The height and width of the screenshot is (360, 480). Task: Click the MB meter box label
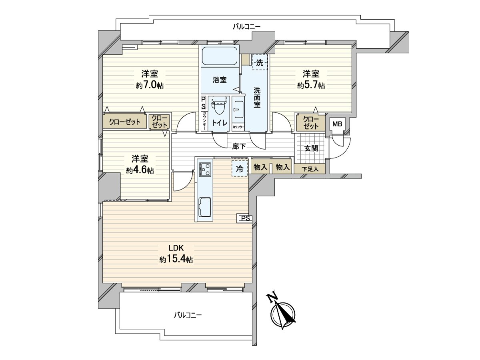coord(337,124)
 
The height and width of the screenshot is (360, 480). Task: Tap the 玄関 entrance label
coord(311,148)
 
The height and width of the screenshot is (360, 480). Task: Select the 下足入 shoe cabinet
coord(310,169)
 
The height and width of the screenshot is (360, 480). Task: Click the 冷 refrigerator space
coord(240,168)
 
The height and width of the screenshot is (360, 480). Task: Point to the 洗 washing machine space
coord(260,62)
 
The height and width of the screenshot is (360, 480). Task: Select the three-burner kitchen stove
coord(205,169)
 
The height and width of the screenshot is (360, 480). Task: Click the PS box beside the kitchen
coord(245,218)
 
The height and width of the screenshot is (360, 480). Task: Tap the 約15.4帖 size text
coord(176,260)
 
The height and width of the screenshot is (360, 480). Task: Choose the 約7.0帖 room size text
coord(150,85)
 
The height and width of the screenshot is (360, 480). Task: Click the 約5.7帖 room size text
coord(311,85)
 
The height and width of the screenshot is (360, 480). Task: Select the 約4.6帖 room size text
coord(140,170)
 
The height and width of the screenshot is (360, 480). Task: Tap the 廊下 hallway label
coord(239,146)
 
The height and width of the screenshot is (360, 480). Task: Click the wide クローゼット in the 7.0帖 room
coord(125,122)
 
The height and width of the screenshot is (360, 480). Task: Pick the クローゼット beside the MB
coord(311,123)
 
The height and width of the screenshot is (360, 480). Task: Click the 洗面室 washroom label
coord(257,98)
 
